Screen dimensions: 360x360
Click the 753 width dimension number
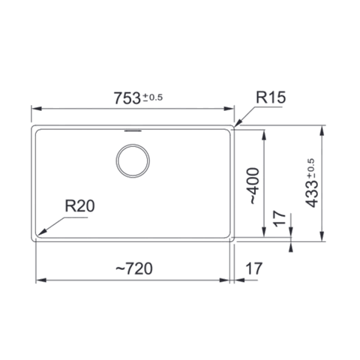127,98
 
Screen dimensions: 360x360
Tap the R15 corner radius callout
271,97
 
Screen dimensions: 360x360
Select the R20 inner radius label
79,206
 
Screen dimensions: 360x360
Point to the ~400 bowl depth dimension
253,185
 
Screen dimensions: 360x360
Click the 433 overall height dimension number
312,193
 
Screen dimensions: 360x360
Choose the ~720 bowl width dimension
134,268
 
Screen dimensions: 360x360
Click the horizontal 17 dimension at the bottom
254,268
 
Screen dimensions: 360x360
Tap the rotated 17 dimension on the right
280,218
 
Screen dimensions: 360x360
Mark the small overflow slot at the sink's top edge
133,130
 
